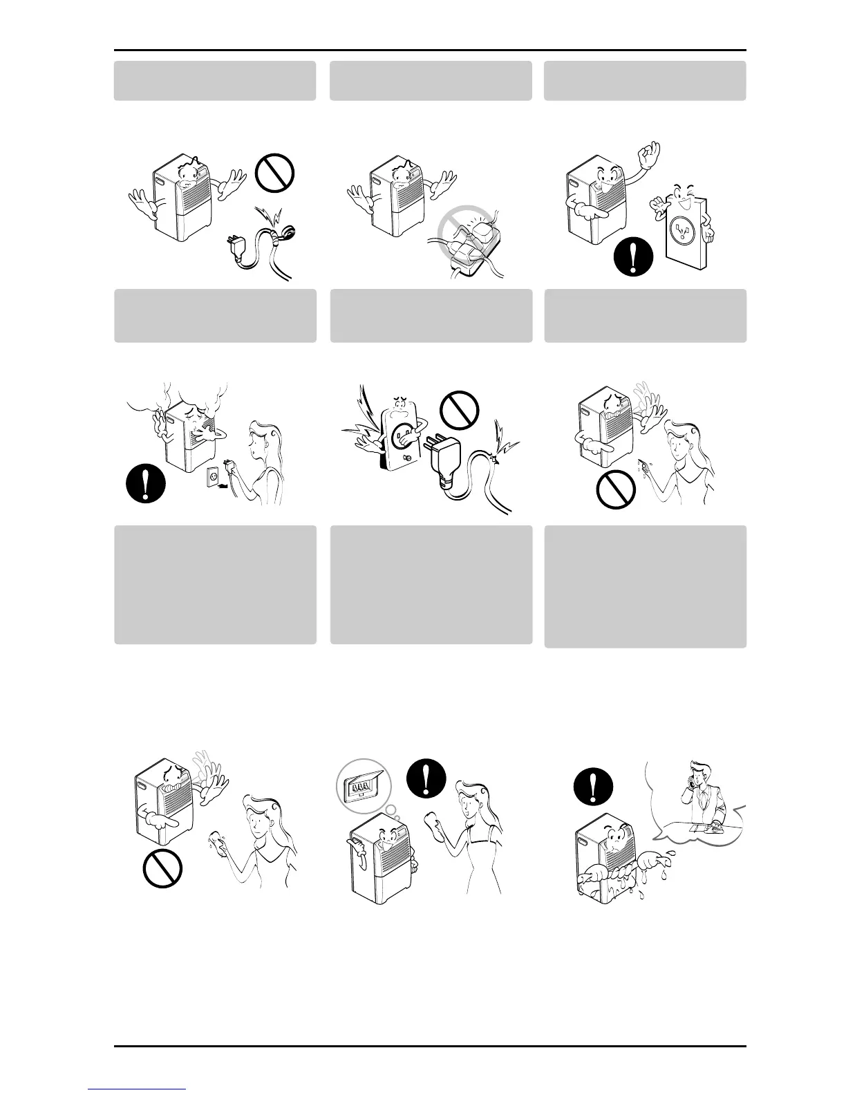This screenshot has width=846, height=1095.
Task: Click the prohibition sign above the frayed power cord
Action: click(275, 173)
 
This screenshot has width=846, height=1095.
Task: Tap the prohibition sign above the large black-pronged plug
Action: click(460, 409)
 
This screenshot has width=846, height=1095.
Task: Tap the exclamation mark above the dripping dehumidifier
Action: click(593, 786)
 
